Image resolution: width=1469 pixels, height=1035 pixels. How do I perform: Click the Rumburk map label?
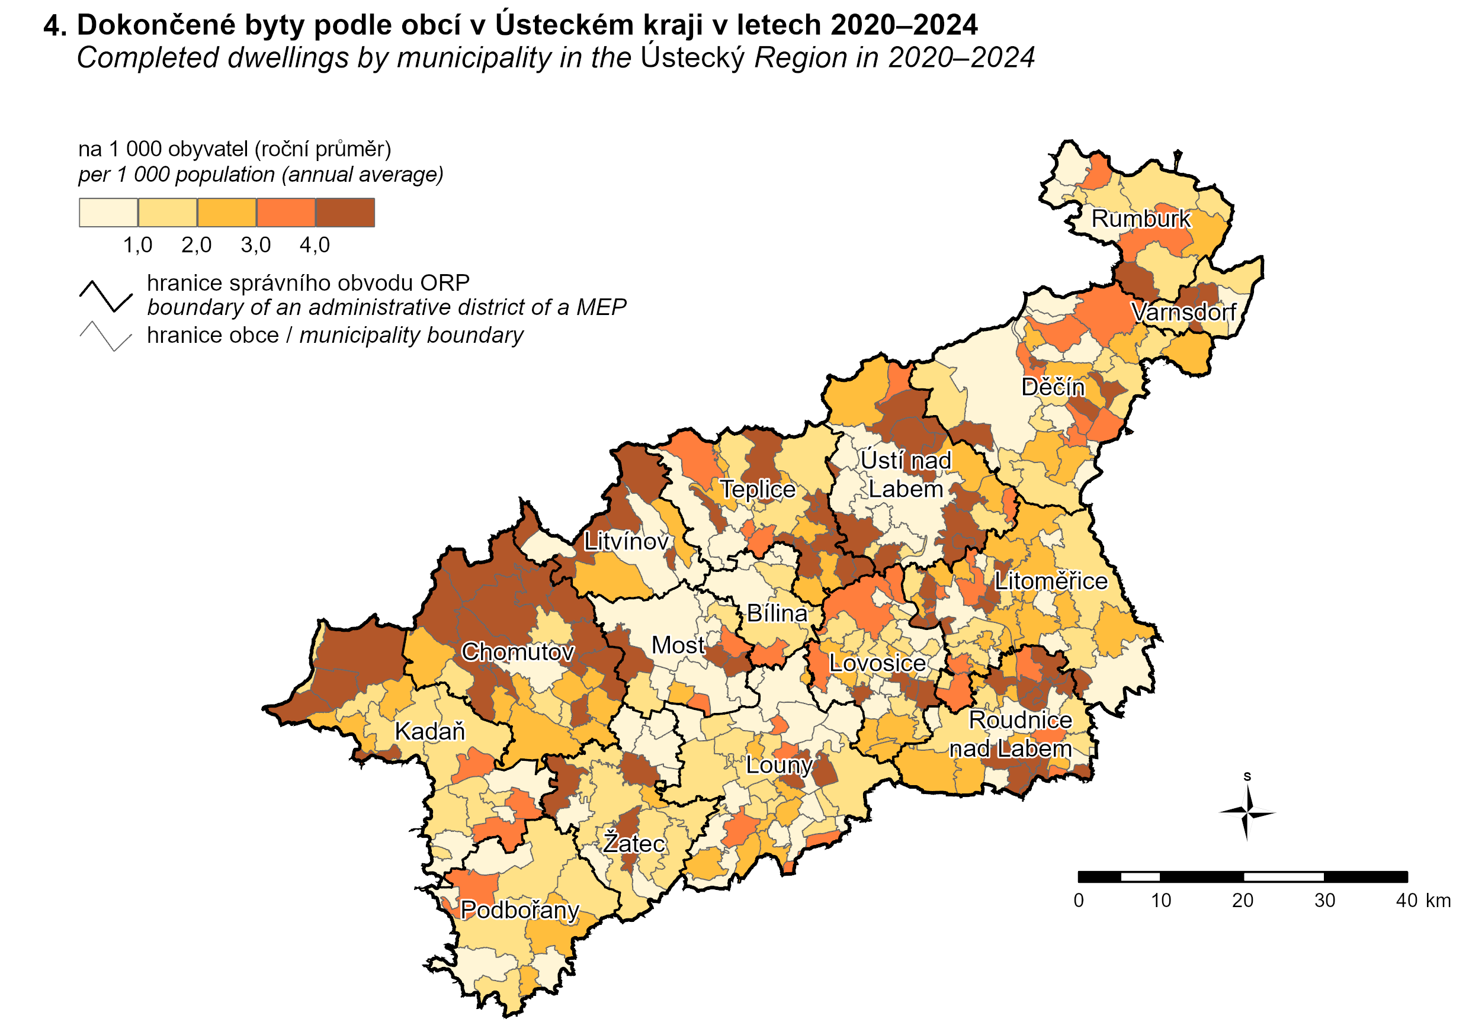[x=1141, y=218]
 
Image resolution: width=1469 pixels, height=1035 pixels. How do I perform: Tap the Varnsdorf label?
[x=1183, y=312]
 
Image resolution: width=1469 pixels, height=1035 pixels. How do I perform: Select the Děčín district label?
[x=1053, y=387]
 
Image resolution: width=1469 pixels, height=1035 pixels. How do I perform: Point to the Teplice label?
[x=758, y=489]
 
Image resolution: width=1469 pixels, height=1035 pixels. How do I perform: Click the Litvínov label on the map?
[x=626, y=542]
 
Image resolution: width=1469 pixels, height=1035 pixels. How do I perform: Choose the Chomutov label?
[x=518, y=652]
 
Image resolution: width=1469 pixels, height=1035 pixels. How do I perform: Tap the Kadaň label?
[x=429, y=731]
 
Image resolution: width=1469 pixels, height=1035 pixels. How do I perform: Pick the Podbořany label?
[x=519, y=909]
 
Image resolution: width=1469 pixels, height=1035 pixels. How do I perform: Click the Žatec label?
[x=633, y=843]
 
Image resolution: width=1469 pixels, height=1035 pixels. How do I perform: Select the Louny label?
[x=780, y=765]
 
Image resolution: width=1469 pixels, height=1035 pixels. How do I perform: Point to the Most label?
[x=678, y=645]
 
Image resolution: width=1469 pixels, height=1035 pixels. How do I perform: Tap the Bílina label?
[x=777, y=613]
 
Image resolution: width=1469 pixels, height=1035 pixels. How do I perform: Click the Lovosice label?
[x=877, y=663]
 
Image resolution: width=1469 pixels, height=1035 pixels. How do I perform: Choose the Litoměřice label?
[x=1051, y=581]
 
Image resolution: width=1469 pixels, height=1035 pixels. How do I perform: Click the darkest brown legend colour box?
[x=345, y=213]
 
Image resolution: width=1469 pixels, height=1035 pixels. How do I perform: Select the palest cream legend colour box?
[x=108, y=213]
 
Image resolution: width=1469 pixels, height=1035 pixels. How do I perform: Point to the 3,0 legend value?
[x=255, y=245]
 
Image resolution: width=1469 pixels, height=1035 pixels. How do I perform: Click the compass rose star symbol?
[x=1247, y=813]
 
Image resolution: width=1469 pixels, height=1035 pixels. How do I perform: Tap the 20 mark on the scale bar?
[x=1243, y=901]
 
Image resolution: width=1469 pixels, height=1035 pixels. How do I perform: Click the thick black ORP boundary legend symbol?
[x=105, y=296]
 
